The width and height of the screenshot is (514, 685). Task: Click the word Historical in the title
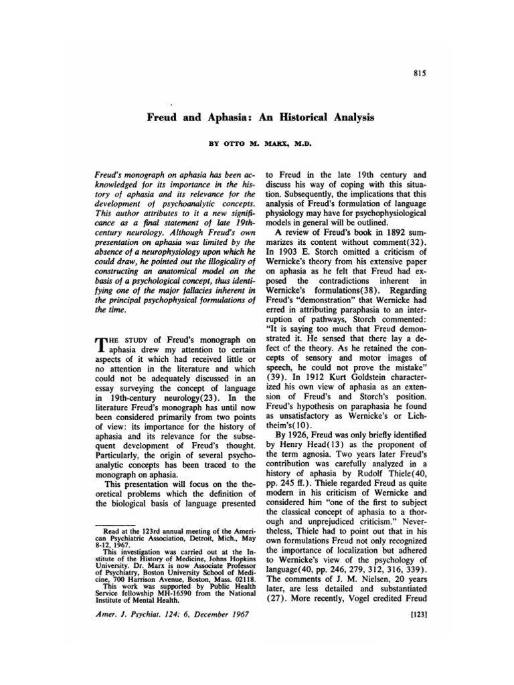(x=302, y=116)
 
